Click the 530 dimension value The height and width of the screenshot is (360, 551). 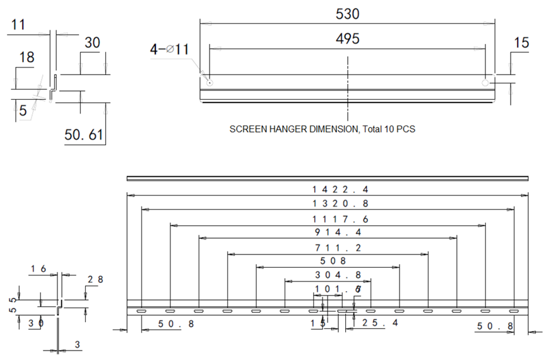coord(348,13)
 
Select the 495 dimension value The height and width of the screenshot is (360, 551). coord(348,39)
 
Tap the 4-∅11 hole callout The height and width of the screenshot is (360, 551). coord(170,49)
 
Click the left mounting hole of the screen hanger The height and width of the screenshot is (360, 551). coord(210,81)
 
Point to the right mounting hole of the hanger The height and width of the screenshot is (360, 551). coord(485,82)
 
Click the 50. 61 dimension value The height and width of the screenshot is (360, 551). coord(84,135)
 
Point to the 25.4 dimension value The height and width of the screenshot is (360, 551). coord(381,323)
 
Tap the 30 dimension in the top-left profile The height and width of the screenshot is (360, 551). coord(92,43)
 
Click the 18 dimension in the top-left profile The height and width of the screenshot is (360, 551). coord(27,57)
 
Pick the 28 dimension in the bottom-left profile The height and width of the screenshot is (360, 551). coord(95,279)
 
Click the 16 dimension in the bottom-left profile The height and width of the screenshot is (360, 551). coord(39,270)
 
